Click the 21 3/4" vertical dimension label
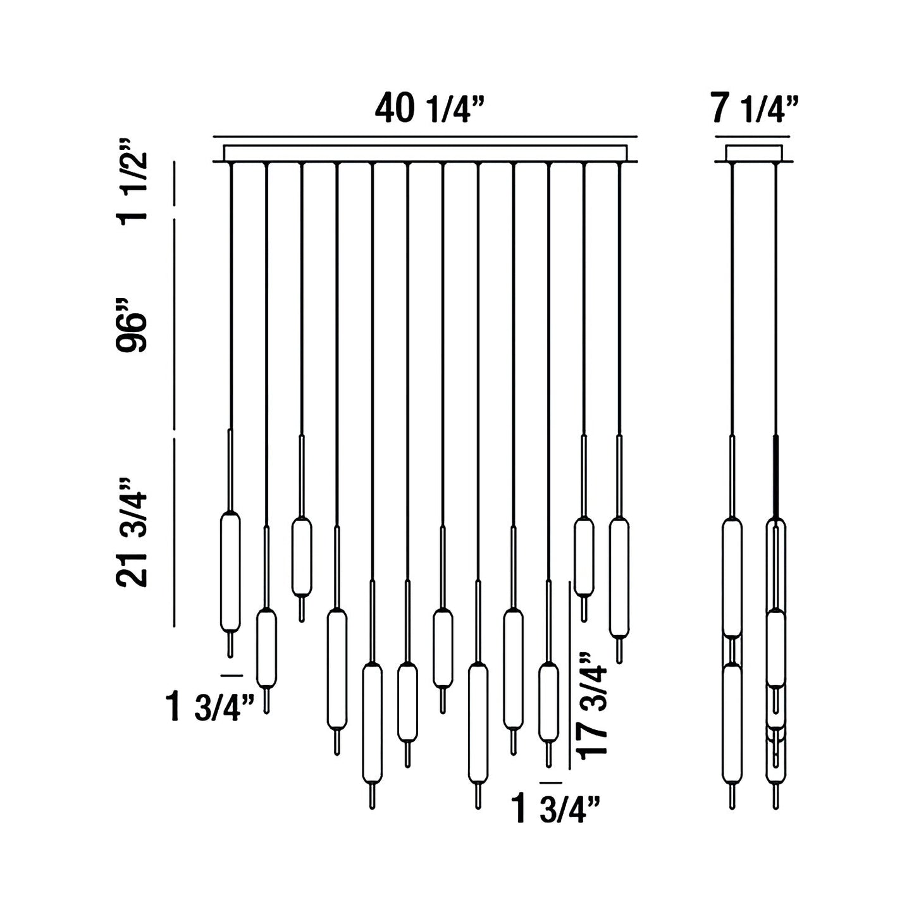[x=132, y=533]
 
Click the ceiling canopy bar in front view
[x=425, y=153]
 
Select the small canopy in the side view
[x=753, y=153]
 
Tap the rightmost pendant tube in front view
[x=619, y=577]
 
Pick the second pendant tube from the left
[x=266, y=648]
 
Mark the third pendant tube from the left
[x=301, y=557]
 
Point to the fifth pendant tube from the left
[x=372, y=722]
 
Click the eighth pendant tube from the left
[x=478, y=722]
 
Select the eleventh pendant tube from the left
[x=584, y=557]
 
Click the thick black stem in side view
[x=775, y=474]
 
